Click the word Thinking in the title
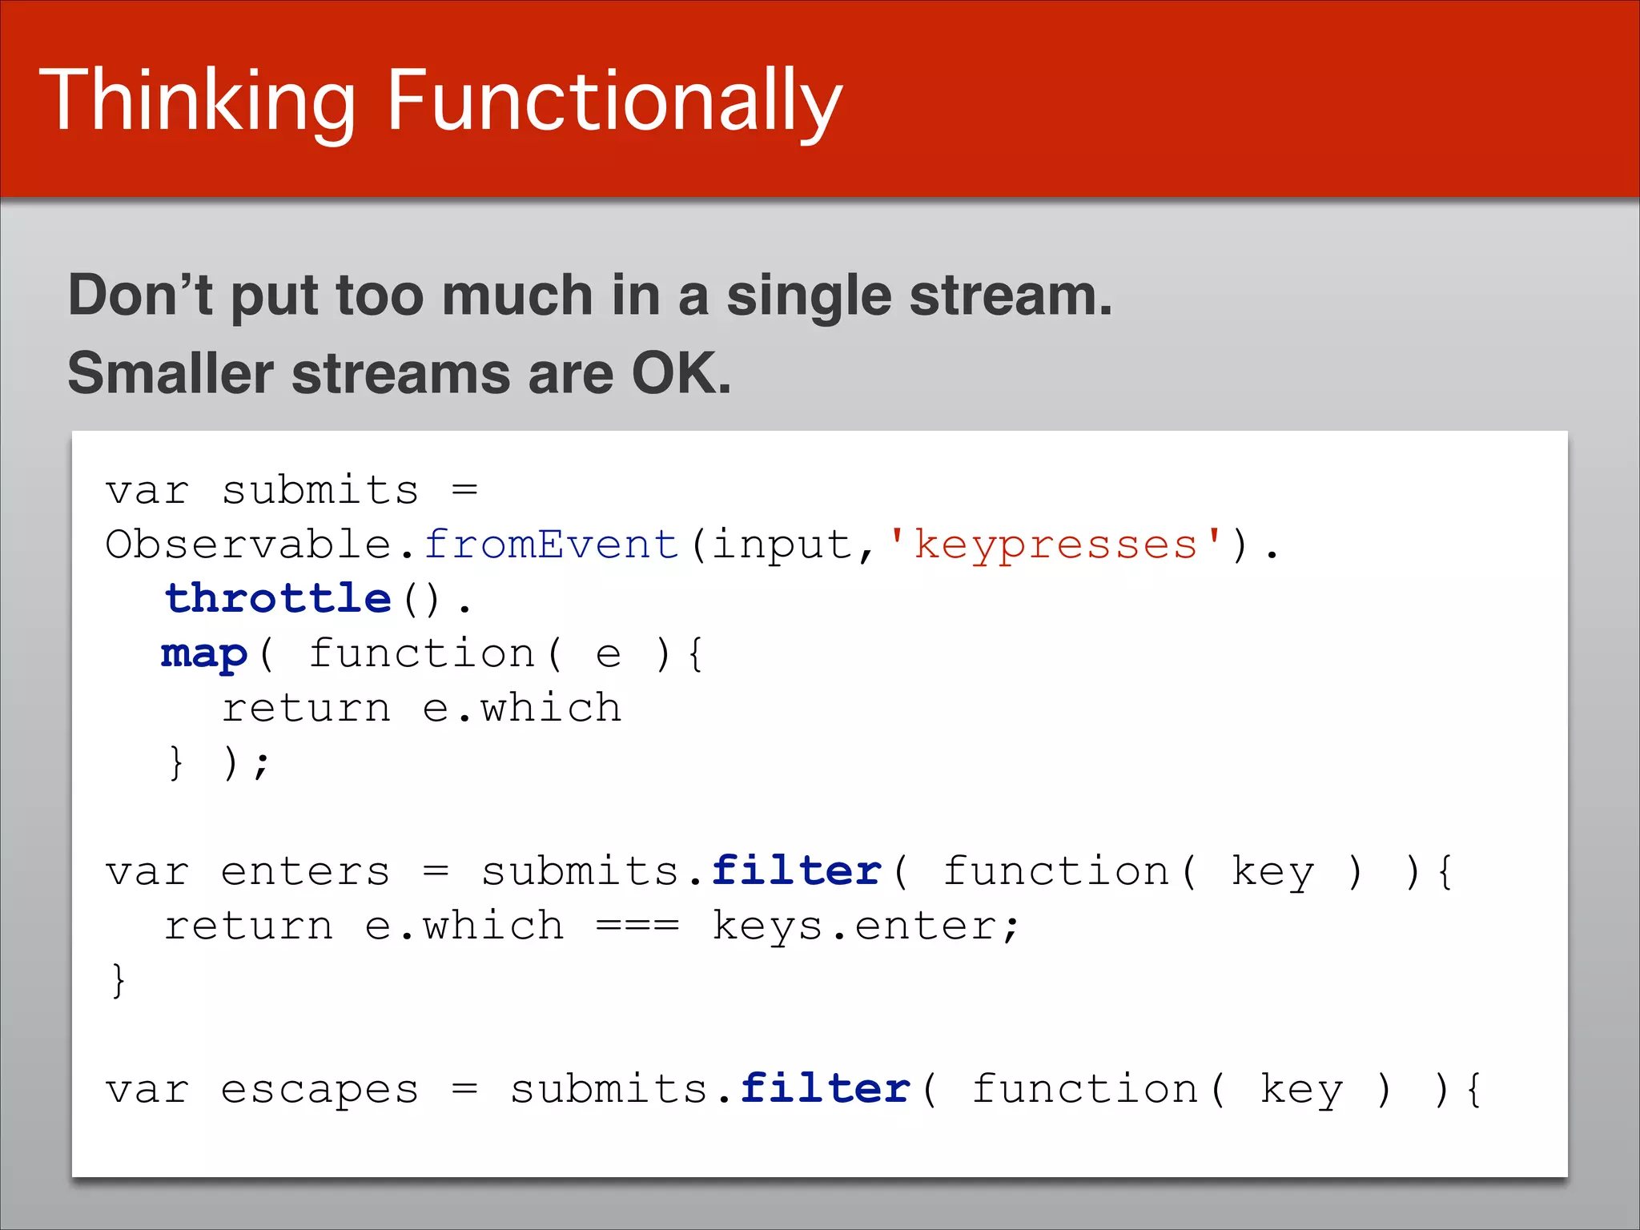click(x=197, y=102)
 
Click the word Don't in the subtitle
click(x=139, y=295)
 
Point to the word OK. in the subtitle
click(x=681, y=373)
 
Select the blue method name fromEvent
click(x=551, y=545)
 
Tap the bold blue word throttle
click(x=278, y=598)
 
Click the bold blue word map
click(x=204, y=654)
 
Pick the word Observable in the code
click(x=248, y=545)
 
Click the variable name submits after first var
click(x=320, y=490)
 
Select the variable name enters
click(x=305, y=871)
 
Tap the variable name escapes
click(x=320, y=1089)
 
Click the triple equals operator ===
click(x=637, y=927)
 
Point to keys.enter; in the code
click(x=865, y=927)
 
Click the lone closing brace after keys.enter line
click(x=119, y=980)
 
